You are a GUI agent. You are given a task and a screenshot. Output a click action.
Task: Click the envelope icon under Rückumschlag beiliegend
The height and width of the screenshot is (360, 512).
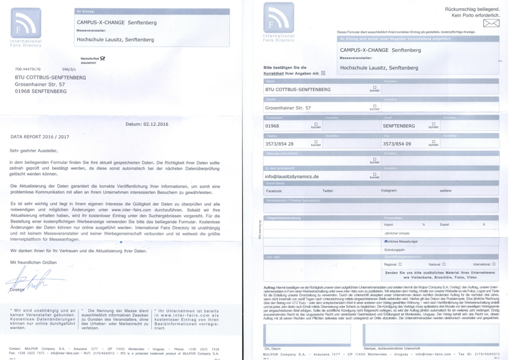491,23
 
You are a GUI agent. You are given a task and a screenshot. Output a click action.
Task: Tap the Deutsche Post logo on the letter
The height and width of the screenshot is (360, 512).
93,59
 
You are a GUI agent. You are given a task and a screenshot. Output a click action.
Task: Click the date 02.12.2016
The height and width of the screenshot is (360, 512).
155,124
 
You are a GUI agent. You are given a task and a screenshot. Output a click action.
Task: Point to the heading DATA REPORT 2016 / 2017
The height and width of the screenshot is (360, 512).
40,137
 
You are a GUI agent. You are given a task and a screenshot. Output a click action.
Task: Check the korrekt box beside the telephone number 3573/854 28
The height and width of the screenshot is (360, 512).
315,142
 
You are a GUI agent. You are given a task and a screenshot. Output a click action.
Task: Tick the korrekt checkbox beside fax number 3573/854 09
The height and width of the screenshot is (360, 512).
433,142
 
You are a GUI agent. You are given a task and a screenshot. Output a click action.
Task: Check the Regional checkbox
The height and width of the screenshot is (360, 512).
400,264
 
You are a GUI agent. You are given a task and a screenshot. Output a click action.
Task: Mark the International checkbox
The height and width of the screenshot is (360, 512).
493,264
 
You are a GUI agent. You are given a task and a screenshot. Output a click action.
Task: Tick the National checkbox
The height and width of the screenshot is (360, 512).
444,264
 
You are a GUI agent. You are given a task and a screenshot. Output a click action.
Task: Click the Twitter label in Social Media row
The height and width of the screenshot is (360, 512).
328,191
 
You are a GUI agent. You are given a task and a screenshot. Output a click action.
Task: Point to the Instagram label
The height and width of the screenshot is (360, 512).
388,191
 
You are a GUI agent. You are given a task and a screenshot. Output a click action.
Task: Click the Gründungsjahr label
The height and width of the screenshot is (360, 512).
394,250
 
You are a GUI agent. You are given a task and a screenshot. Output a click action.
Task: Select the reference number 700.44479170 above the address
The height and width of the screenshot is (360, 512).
28,70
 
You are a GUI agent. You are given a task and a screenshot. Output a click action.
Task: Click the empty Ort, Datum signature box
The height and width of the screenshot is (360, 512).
306,335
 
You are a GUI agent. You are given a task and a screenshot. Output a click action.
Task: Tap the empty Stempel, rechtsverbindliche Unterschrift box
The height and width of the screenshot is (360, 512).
430,335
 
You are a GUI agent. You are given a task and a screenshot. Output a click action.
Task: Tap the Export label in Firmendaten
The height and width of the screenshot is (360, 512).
444,225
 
